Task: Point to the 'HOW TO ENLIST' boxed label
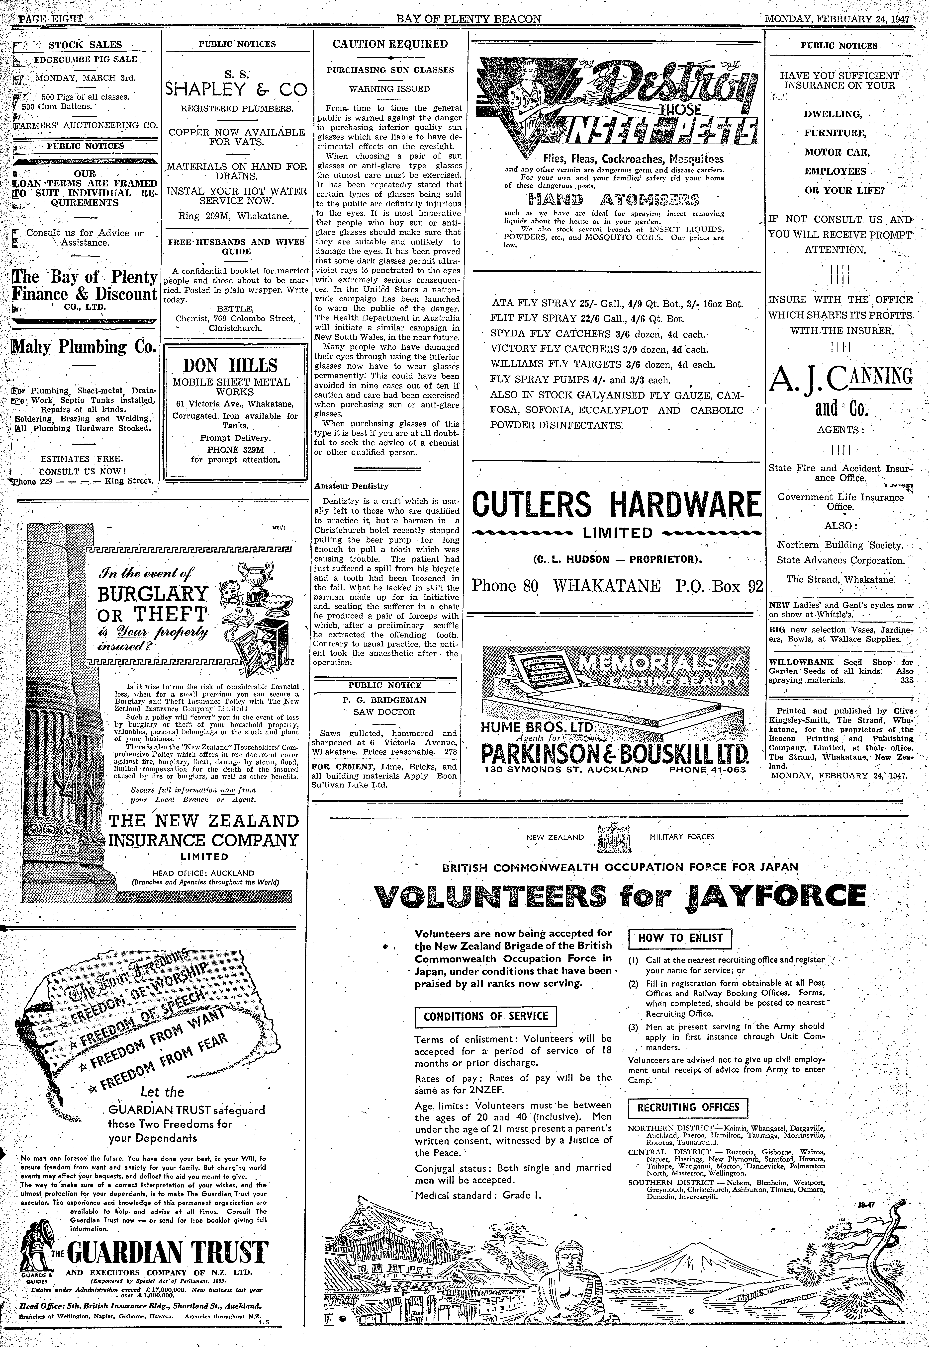[680, 938]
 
